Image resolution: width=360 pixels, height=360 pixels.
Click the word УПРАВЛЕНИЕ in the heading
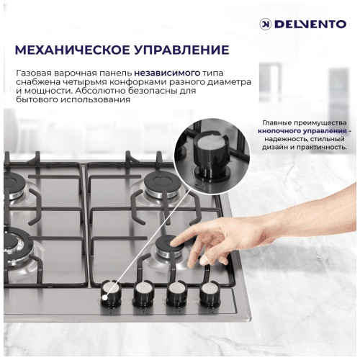[183, 50]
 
